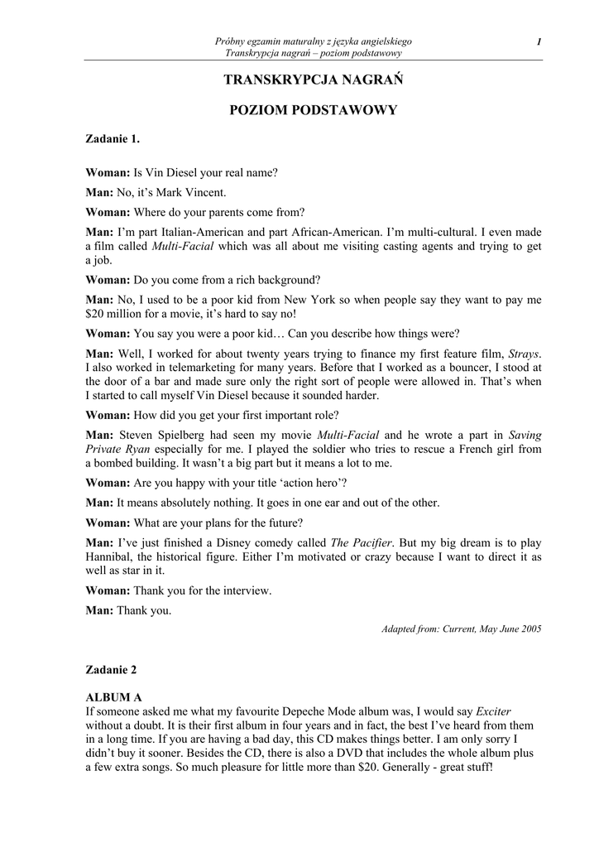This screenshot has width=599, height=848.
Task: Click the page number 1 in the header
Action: point(539,41)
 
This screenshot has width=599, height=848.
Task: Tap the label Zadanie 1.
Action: point(113,138)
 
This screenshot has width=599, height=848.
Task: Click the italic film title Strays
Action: point(525,353)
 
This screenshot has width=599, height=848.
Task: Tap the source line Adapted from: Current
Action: point(461,629)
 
